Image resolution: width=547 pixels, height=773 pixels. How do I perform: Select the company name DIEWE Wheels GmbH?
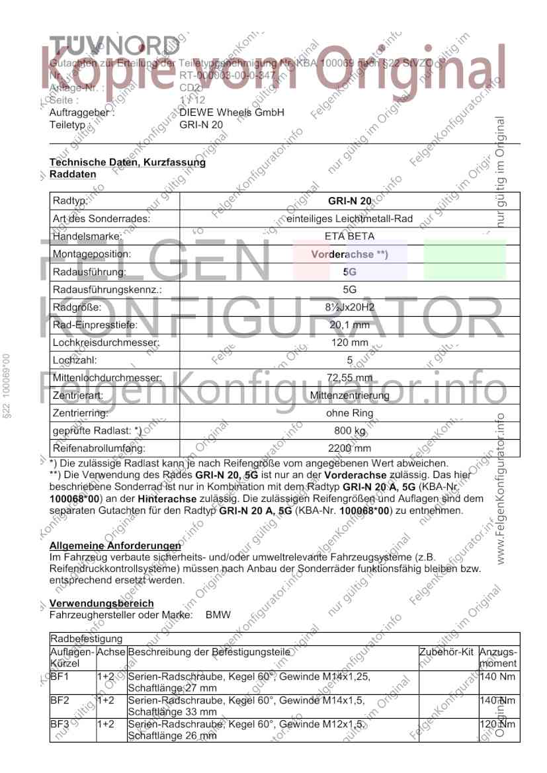(x=231, y=112)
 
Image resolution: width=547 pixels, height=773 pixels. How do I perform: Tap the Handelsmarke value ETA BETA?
(x=349, y=236)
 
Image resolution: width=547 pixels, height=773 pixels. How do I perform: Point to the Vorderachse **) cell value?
(x=349, y=254)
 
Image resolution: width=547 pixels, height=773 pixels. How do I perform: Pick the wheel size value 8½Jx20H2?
(x=349, y=307)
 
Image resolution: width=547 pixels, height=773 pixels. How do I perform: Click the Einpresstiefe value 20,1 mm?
(x=349, y=325)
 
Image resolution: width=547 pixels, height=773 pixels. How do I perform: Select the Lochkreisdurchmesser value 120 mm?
(x=349, y=343)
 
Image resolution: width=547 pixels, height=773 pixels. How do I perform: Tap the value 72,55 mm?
(x=349, y=378)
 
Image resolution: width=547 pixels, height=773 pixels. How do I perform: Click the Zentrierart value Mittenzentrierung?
(x=349, y=396)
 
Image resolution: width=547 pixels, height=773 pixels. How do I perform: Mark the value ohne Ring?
(x=349, y=413)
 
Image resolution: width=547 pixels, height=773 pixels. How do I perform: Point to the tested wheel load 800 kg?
(x=349, y=431)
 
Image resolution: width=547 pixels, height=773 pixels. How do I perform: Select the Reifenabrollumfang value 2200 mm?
(x=349, y=449)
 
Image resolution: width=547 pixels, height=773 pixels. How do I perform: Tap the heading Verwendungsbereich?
(x=101, y=603)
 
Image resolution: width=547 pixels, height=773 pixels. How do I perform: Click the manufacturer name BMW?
(x=218, y=615)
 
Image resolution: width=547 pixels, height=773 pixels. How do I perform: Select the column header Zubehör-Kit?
(x=447, y=652)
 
